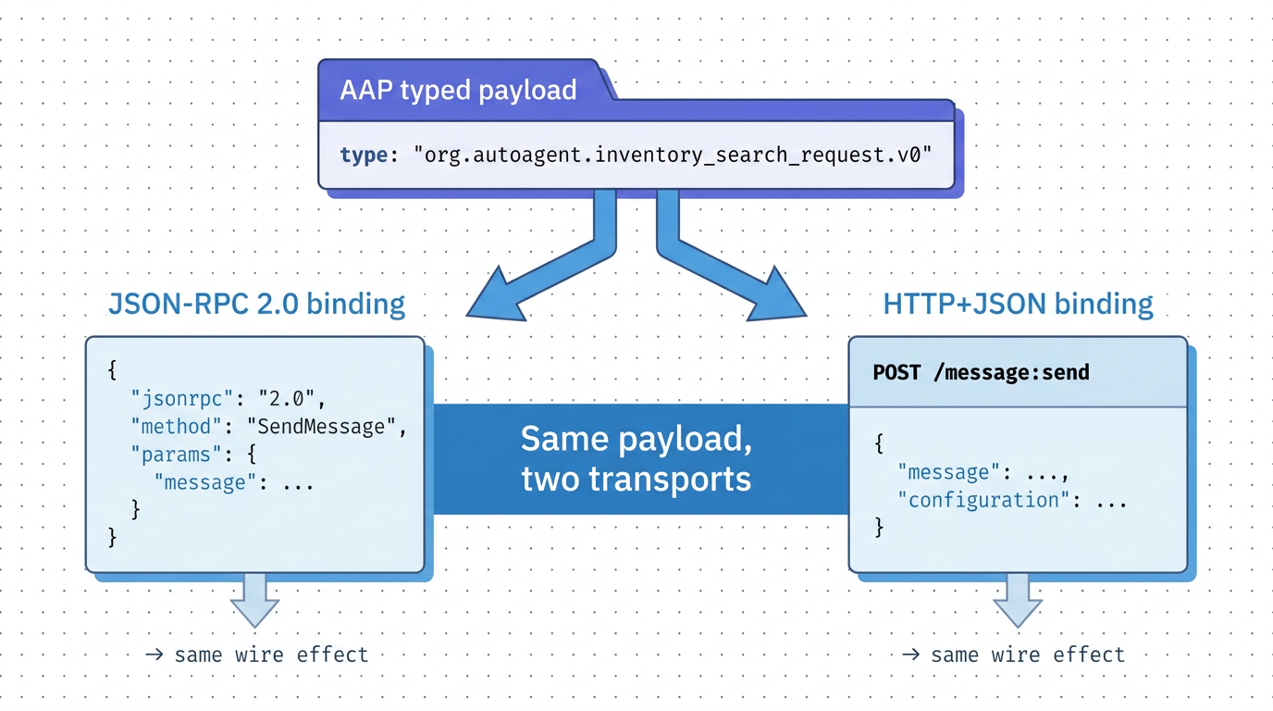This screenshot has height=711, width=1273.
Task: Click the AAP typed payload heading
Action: pyautogui.click(x=458, y=90)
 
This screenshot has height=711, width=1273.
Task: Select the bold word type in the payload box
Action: pyautogui.click(x=363, y=155)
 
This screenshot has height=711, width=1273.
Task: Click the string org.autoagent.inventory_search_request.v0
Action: pyautogui.click(x=671, y=155)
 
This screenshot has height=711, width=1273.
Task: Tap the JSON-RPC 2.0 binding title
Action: pyautogui.click(x=256, y=304)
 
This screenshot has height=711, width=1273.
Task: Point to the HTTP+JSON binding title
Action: pyautogui.click(x=1018, y=304)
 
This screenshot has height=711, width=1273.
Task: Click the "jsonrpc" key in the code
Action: pyautogui.click(x=181, y=400)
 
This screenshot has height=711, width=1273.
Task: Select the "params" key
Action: pyautogui.click(x=176, y=455)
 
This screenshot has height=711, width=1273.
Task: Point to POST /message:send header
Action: pyautogui.click(x=981, y=372)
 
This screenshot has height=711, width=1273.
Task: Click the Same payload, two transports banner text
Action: pyautogui.click(x=636, y=458)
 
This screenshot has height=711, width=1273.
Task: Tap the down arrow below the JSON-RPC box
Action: pyautogui.click(x=254, y=600)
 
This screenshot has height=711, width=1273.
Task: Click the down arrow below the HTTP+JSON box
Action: pyautogui.click(x=1018, y=600)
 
